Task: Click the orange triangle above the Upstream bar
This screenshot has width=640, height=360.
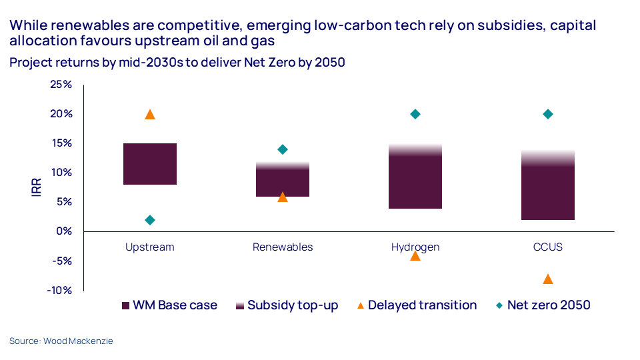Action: (x=150, y=115)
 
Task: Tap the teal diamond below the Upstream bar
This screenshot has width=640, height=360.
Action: (x=150, y=220)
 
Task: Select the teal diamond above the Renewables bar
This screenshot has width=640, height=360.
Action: (x=283, y=149)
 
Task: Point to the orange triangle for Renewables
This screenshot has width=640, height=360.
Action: (x=283, y=197)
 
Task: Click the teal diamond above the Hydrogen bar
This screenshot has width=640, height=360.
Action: (x=415, y=114)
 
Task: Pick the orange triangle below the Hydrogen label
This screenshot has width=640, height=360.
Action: (x=415, y=255)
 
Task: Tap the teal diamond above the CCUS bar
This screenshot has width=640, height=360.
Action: (x=548, y=114)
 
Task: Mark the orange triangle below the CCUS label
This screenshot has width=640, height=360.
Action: (x=548, y=279)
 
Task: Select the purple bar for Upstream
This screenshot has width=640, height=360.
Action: (x=150, y=164)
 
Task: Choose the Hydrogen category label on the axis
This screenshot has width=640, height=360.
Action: (x=415, y=247)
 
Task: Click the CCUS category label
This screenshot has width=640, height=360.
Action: (x=548, y=247)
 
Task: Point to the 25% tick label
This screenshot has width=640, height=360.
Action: (x=61, y=85)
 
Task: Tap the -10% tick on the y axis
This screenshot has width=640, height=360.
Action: (x=59, y=290)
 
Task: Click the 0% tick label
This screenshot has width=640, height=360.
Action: (x=64, y=231)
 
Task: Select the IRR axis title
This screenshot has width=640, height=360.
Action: (x=37, y=187)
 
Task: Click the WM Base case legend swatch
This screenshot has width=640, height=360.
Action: (x=125, y=305)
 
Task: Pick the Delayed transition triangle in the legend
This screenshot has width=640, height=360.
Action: (x=360, y=305)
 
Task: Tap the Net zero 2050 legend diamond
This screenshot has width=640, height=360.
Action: (x=499, y=305)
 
